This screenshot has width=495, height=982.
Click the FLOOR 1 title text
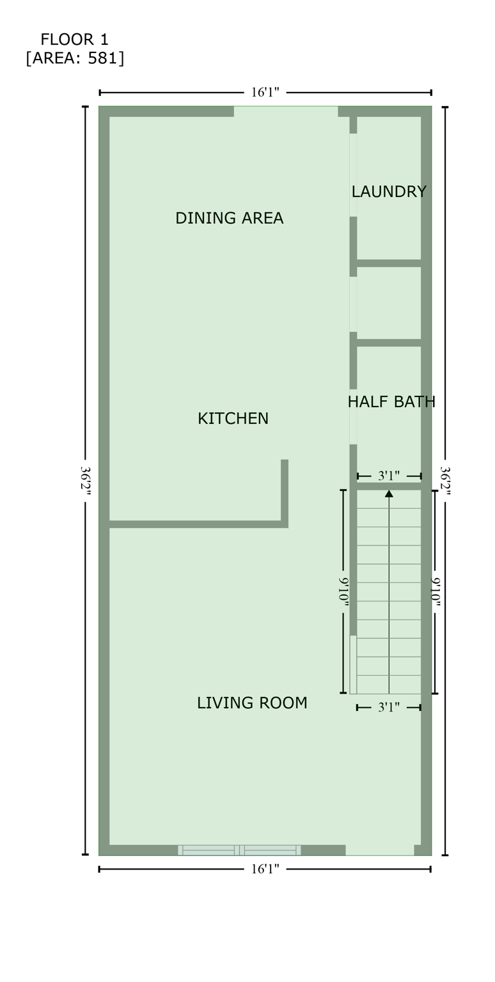[74, 39]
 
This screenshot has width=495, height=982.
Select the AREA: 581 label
[75, 58]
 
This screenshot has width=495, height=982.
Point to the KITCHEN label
[233, 419]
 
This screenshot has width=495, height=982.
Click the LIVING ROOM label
[251, 703]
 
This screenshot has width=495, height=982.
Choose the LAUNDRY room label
[388, 191]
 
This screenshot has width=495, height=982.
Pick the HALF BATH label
[391, 401]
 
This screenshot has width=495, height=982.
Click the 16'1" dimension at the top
[265, 93]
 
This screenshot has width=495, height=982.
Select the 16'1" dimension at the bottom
[265, 869]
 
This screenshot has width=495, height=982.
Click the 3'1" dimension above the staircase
[388, 476]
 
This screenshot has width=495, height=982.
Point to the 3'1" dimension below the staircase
[388, 707]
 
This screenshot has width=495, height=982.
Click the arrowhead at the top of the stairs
[388, 493]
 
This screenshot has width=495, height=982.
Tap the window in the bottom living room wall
[239, 850]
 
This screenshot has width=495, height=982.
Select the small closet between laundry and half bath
[388, 302]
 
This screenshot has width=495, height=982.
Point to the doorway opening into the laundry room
[353, 175]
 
